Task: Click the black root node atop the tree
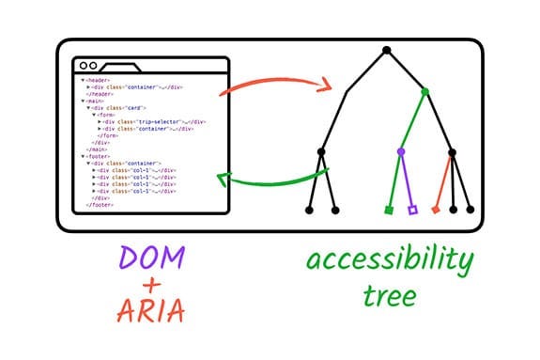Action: tap(386, 49)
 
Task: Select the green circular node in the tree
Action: tap(424, 91)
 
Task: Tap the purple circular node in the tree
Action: tap(401, 150)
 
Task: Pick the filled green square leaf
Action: tap(389, 210)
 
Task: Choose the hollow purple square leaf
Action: tap(412, 210)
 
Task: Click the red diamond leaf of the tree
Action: tap(436, 210)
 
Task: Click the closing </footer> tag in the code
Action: tap(98, 204)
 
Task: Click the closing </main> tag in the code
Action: tap(95, 149)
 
